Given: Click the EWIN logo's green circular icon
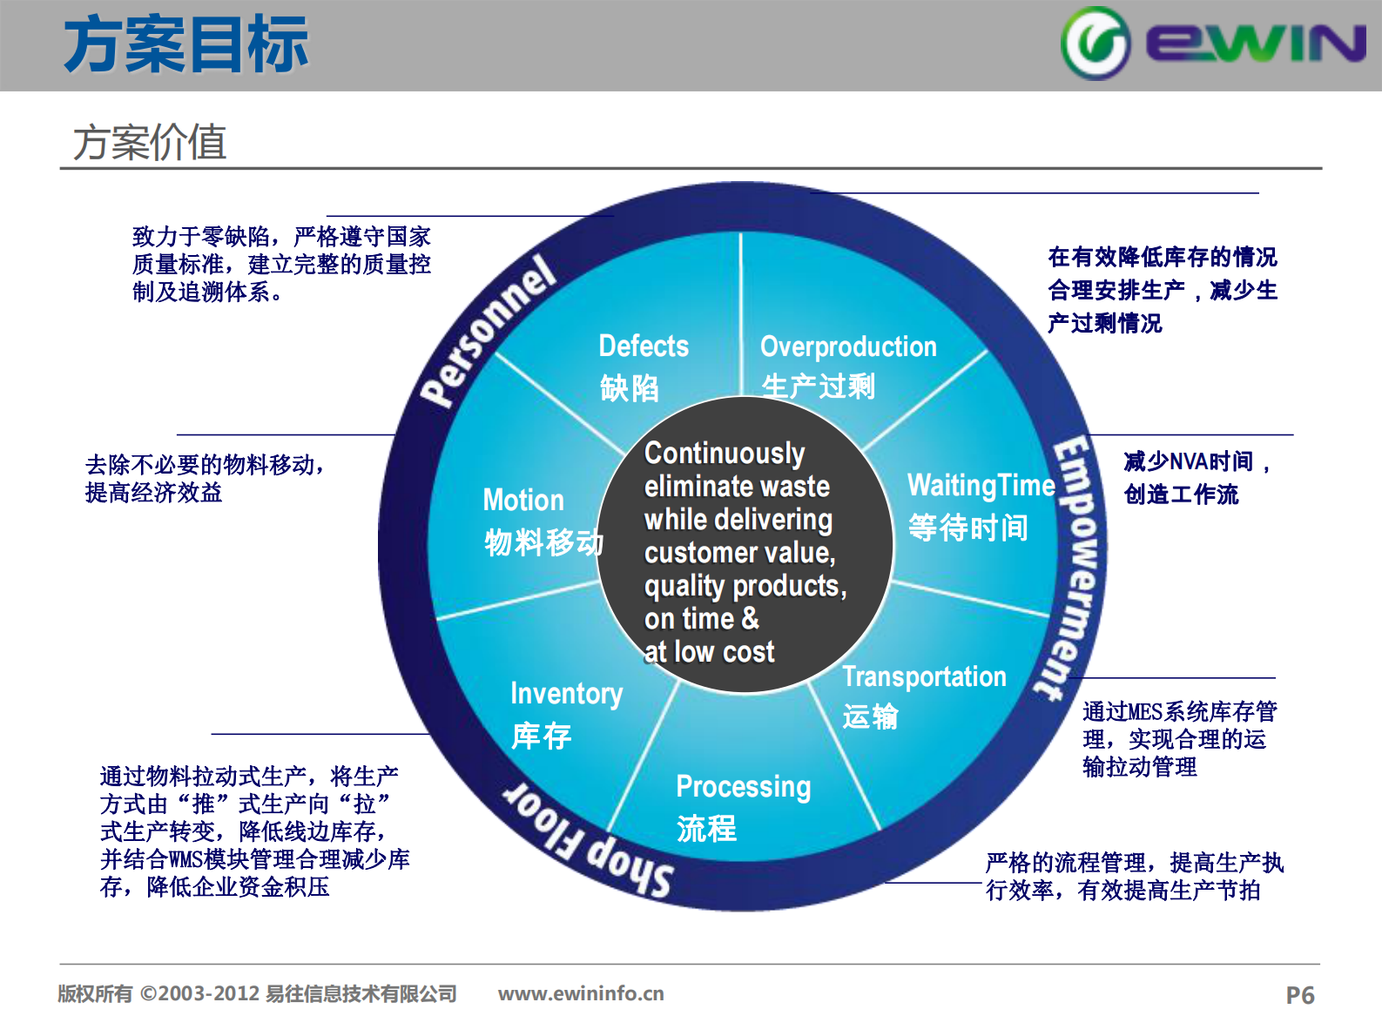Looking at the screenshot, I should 1095,44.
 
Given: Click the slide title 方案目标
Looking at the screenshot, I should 185,45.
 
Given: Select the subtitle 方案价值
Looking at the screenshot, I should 149,142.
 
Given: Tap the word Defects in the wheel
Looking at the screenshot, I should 644,346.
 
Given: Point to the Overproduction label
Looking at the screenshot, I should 848,346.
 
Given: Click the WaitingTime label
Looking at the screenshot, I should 981,485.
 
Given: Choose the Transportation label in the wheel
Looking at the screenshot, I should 924,676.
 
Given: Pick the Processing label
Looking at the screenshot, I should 743,787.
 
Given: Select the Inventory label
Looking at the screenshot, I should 566,694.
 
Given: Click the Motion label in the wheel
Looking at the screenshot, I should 523,501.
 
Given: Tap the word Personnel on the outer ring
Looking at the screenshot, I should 488,331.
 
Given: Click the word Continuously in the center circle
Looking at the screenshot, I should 724,454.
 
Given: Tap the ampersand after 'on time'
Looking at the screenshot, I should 750,618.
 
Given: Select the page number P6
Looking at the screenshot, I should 1299,995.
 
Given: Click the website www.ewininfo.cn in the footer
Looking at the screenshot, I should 581,993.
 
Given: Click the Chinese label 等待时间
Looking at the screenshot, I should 967,528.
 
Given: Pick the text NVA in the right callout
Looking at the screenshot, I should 1189,461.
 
